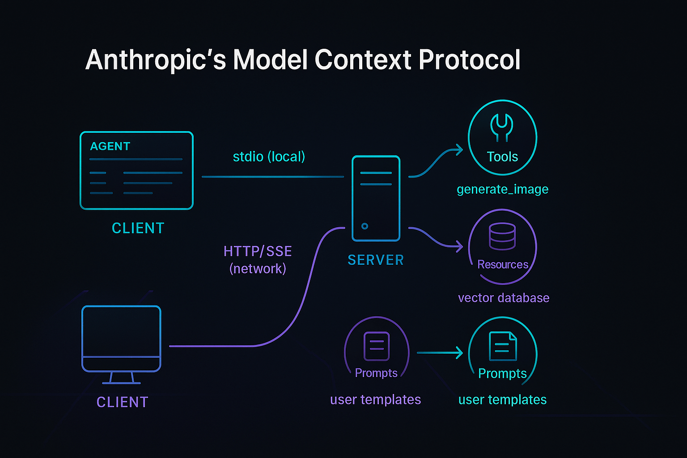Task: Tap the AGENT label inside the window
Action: (110, 146)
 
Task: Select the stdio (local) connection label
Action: (269, 157)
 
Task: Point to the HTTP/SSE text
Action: (258, 251)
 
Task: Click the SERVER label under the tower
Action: (376, 260)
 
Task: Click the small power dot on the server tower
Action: (365, 226)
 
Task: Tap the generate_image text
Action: (502, 189)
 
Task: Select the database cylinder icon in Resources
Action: (502, 236)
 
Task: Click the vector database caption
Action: (504, 298)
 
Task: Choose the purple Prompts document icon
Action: (377, 346)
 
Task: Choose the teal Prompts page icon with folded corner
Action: (503, 346)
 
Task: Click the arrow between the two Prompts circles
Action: (439, 353)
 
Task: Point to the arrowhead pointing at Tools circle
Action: (459, 150)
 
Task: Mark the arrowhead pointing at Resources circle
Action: (459, 246)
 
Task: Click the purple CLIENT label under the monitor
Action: (122, 402)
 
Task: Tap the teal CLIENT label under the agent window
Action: (138, 228)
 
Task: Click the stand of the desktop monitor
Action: (122, 378)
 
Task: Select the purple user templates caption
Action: (375, 399)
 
